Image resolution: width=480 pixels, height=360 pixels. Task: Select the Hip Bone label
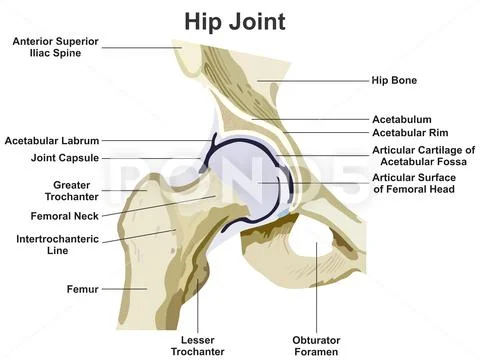pyautogui.click(x=393, y=80)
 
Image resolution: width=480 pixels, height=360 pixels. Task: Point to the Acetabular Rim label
pyautogui.click(x=410, y=132)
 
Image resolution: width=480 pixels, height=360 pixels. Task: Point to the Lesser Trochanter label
pyautogui.click(x=196, y=344)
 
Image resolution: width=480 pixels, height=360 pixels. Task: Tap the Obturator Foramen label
pyautogui.click(x=316, y=344)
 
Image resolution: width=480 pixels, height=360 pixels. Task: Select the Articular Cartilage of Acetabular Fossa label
pyautogui.click(x=423, y=155)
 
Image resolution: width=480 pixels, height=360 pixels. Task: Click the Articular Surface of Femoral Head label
pyautogui.click(x=414, y=183)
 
